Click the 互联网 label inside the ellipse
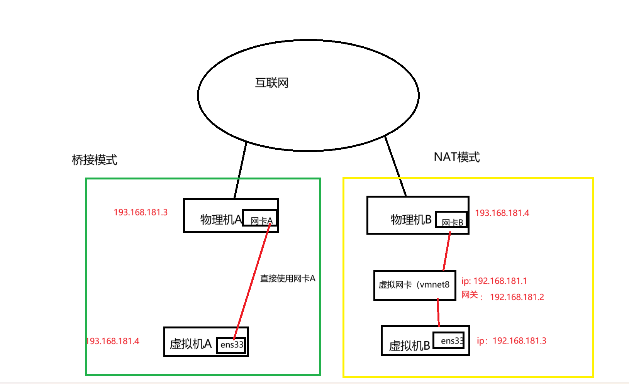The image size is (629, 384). tap(271, 83)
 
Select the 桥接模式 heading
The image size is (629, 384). tap(94, 160)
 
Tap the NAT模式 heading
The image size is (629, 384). tap(456, 157)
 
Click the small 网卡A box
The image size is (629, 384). tap(259, 218)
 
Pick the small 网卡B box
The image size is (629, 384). tap(451, 220)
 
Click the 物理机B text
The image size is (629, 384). tap(411, 220)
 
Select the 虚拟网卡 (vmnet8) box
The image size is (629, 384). tap(414, 285)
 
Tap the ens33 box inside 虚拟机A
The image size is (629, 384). tap(231, 344)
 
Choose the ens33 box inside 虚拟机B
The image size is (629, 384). tap(449, 340)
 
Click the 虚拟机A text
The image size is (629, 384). tap(191, 344)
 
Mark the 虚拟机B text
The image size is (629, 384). tap(409, 346)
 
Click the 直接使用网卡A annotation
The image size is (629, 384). tap(288, 279)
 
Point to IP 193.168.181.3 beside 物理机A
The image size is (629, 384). tap(141, 212)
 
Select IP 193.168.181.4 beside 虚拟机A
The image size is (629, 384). tap(113, 341)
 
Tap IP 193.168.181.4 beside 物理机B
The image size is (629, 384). tap(502, 213)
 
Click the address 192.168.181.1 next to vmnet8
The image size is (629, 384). tap(500, 281)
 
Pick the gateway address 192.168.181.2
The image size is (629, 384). tap(517, 297)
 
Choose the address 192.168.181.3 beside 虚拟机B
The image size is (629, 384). tap(519, 341)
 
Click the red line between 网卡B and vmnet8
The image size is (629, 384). tap(447, 251)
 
